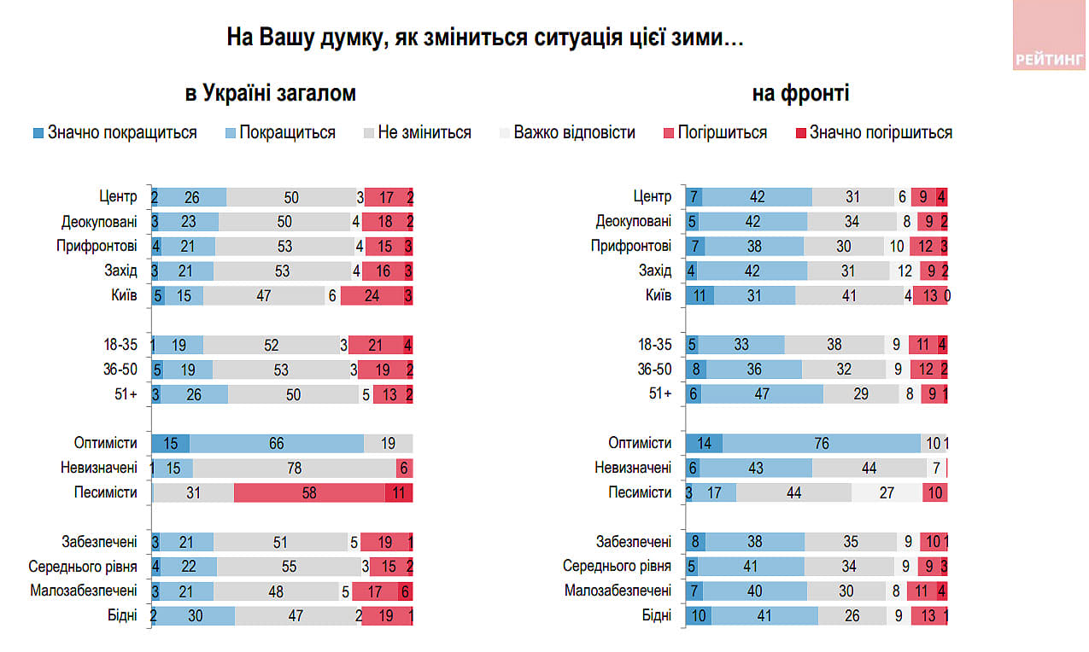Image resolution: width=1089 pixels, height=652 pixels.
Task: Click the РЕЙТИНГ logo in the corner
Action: (1050, 59)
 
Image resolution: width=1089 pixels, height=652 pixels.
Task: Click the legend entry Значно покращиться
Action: (114, 132)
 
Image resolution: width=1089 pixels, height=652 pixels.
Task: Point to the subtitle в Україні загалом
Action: (271, 94)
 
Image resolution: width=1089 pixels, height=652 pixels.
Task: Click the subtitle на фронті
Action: (800, 94)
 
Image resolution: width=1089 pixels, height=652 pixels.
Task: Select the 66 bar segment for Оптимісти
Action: (277, 444)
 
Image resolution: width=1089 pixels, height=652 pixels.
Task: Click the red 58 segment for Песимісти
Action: (309, 493)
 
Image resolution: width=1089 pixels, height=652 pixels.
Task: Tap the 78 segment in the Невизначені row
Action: (294, 469)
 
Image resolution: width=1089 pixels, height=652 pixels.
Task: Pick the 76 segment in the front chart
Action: (822, 444)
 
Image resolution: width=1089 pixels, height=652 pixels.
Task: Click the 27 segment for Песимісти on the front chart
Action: (887, 493)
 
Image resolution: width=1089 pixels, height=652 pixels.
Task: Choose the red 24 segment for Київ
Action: (372, 296)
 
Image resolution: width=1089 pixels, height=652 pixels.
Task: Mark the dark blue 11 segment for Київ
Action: (700, 296)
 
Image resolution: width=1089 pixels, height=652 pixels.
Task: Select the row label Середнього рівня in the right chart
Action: (617, 567)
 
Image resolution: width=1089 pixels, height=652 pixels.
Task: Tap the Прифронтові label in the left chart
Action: (100, 247)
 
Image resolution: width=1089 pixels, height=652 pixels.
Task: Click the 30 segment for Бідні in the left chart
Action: (196, 616)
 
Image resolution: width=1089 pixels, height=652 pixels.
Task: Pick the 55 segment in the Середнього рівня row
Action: (288, 567)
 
